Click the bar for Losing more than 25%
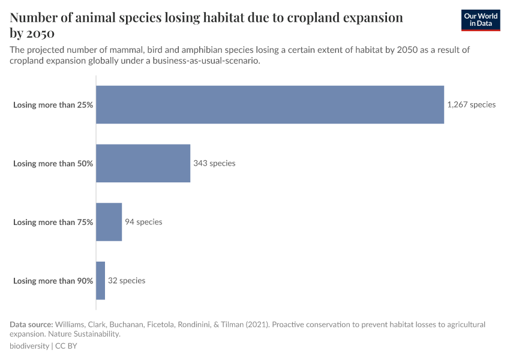tap(270, 104)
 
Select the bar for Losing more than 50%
tap(143, 163)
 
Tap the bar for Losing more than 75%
tap(109, 222)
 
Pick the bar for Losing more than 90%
tap(100, 281)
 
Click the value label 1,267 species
tap(471, 104)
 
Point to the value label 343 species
tap(214, 163)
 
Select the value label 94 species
tap(143, 222)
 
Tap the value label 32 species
tap(127, 281)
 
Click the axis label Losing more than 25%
tap(53, 104)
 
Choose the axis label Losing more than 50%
tap(53, 163)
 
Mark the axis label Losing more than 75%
tap(53, 222)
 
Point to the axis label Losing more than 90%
tap(53, 281)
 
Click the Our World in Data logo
tap(481, 20)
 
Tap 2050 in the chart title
tap(40, 33)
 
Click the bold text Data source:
tap(31, 325)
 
